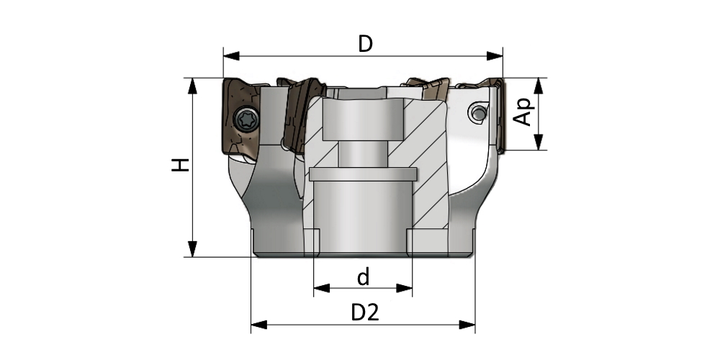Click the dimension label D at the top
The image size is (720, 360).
click(366, 43)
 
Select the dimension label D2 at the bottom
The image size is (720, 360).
click(365, 312)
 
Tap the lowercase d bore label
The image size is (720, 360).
click(364, 277)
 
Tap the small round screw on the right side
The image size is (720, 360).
click(476, 112)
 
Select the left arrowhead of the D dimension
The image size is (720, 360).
click(230, 55)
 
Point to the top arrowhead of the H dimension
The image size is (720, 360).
click(193, 84)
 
